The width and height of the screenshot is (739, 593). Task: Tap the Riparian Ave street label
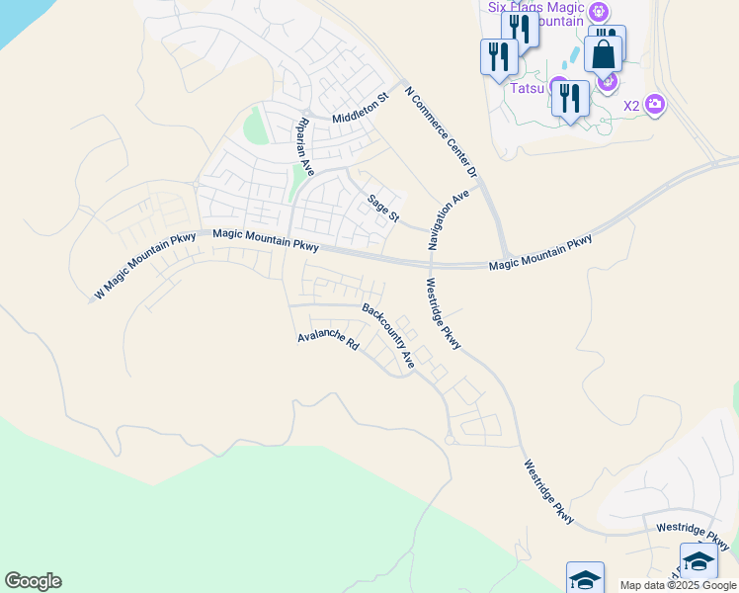point(304,145)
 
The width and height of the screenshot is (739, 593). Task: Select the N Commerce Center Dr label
point(442,131)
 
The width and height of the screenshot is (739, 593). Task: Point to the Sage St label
point(383,209)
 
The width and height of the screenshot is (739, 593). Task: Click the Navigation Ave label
point(448,220)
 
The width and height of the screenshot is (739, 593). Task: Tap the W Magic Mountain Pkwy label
point(145,266)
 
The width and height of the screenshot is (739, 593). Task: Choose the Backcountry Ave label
point(388,336)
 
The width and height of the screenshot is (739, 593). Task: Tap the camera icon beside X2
point(654,104)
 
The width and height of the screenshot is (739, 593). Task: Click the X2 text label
point(630,106)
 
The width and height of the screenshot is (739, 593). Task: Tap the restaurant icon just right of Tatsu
point(571,98)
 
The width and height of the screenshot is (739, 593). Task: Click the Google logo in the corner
point(33,581)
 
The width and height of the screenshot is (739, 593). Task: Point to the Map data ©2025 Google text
point(677,585)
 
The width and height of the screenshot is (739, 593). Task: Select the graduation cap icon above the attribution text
point(698,562)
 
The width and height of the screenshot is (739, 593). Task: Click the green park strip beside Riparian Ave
point(296,181)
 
